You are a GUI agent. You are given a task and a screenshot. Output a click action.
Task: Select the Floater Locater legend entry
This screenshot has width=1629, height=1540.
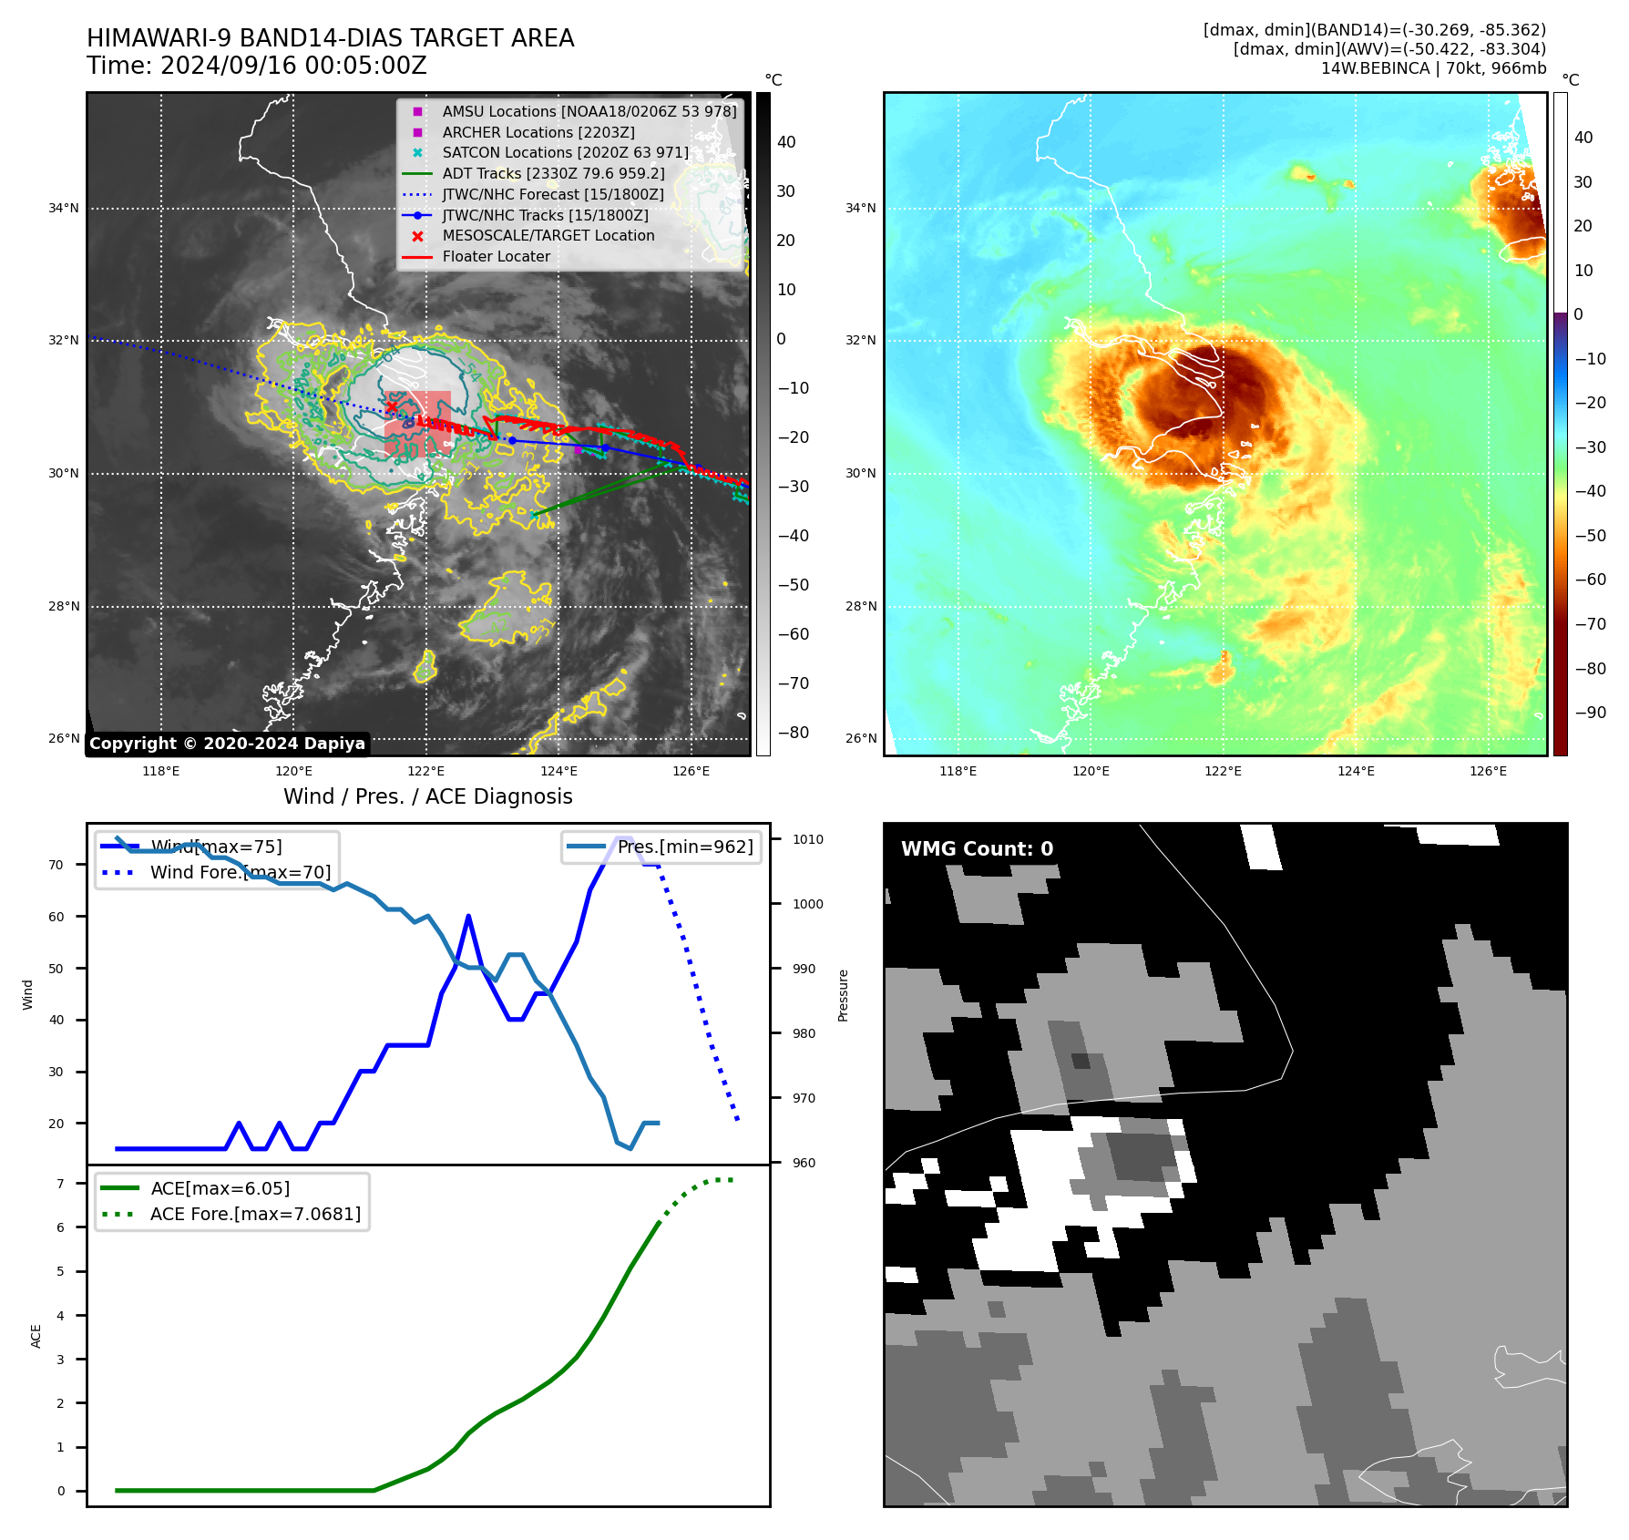pos(496,257)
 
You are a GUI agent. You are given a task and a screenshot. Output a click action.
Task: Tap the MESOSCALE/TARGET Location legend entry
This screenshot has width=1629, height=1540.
pos(548,236)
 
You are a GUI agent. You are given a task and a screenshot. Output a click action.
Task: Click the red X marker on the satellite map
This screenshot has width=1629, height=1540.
pos(392,406)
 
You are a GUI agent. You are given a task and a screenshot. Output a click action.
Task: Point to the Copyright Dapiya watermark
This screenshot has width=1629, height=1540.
pos(227,744)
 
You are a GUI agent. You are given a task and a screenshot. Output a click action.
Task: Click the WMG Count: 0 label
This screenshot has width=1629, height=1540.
pos(977,849)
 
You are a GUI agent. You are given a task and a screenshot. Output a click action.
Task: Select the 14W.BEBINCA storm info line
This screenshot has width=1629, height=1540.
pos(1433,68)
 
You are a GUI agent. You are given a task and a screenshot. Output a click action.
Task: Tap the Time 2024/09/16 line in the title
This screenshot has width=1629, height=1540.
pos(257,67)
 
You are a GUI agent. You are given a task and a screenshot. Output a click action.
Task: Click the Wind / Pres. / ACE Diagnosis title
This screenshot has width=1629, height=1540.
pos(427,796)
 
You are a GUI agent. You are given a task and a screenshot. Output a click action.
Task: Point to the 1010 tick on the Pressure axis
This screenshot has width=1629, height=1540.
pos(807,839)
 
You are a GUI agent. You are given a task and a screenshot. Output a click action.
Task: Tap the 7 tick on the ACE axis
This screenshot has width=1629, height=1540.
pos(60,1184)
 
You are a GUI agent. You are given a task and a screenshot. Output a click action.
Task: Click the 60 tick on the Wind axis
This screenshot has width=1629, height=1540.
pos(56,917)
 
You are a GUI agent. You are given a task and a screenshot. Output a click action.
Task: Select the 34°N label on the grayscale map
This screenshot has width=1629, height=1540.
pos(64,209)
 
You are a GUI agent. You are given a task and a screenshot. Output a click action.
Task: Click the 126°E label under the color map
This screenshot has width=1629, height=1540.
pos(1488,771)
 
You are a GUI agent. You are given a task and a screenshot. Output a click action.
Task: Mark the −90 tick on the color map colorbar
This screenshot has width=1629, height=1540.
pos(1590,713)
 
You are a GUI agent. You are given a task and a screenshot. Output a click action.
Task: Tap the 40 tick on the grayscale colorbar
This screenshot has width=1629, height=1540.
pos(786,142)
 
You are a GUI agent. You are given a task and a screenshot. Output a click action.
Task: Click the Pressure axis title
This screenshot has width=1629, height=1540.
pos(843,995)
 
